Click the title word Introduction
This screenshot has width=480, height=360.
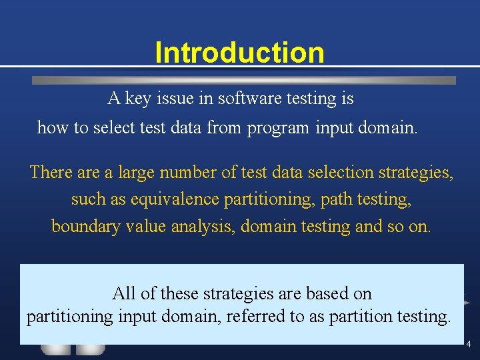[239, 52]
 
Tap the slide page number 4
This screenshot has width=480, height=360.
[468, 345]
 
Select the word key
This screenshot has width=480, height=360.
[138, 99]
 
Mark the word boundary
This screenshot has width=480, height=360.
[83, 227]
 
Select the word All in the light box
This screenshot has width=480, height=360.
[124, 293]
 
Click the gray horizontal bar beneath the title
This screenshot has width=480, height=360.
[244, 80]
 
